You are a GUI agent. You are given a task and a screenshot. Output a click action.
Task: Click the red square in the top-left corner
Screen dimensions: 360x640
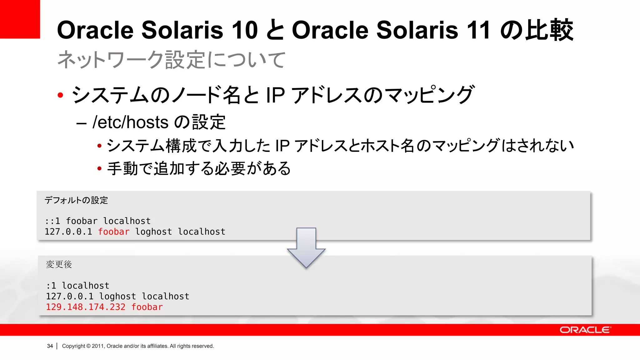[x=20, y=19]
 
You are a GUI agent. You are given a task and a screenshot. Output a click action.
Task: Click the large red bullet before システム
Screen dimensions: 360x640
[x=61, y=95]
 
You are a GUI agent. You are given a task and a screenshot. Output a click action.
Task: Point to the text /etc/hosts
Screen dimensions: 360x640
[x=130, y=122]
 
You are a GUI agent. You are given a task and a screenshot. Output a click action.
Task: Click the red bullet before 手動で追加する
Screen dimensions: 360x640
[x=99, y=169]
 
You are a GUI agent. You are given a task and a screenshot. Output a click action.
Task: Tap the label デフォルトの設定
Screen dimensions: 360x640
[x=76, y=200]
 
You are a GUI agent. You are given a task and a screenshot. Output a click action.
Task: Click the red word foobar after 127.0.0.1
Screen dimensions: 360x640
[x=114, y=232]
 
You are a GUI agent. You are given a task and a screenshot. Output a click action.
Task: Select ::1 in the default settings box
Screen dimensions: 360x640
[x=52, y=221]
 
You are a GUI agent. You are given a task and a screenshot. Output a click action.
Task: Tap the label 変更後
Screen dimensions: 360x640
[x=59, y=264]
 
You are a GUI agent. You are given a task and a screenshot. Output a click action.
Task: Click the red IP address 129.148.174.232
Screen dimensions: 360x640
[x=86, y=307]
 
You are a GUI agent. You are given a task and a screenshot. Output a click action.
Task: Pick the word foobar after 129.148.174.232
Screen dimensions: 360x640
[x=147, y=307]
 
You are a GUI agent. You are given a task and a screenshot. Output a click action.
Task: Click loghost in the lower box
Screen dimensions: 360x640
[x=117, y=297]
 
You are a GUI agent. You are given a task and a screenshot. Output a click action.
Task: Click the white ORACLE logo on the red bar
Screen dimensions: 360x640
[x=585, y=330]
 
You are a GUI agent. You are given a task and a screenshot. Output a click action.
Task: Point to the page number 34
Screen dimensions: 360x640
[x=50, y=346]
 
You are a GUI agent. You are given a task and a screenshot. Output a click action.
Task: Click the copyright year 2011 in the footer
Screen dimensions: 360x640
[x=98, y=346]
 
